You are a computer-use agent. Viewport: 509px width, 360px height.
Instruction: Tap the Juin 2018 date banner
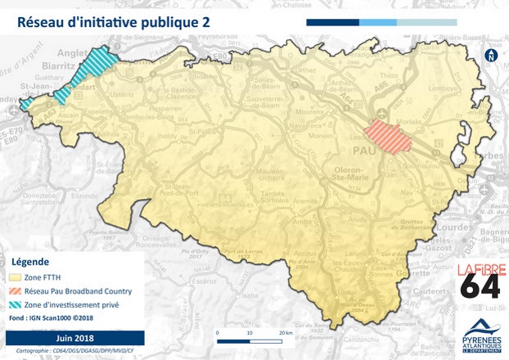click(74, 337)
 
